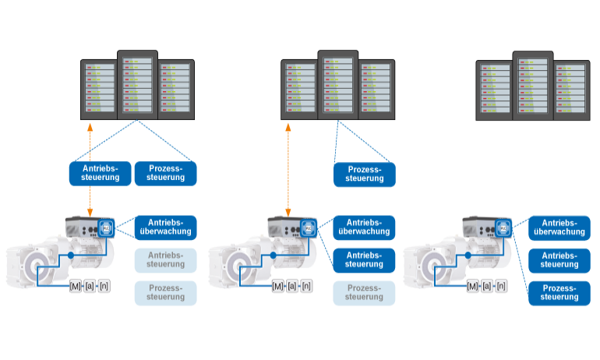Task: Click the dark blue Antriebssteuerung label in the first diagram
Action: pyautogui.click(x=100, y=173)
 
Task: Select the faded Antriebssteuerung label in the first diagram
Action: pyautogui.click(x=165, y=259)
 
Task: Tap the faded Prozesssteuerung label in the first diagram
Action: pyautogui.click(x=165, y=293)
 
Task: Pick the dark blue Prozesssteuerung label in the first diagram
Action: pyautogui.click(x=165, y=173)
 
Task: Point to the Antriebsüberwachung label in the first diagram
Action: pyautogui.click(x=165, y=227)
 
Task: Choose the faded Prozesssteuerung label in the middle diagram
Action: pyautogui.click(x=364, y=293)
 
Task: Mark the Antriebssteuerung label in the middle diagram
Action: pyautogui.click(x=364, y=259)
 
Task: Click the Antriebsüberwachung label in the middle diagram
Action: pyautogui.click(x=364, y=227)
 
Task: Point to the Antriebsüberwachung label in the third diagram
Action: pyautogui.click(x=559, y=227)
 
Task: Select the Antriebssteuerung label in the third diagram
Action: pyautogui.click(x=559, y=259)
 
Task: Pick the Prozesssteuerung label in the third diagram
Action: pyautogui.click(x=559, y=293)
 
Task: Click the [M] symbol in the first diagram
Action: pyautogui.click(x=76, y=286)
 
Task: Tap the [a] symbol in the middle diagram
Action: pyautogui.click(x=292, y=286)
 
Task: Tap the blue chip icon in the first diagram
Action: pyautogui.click(x=107, y=228)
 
